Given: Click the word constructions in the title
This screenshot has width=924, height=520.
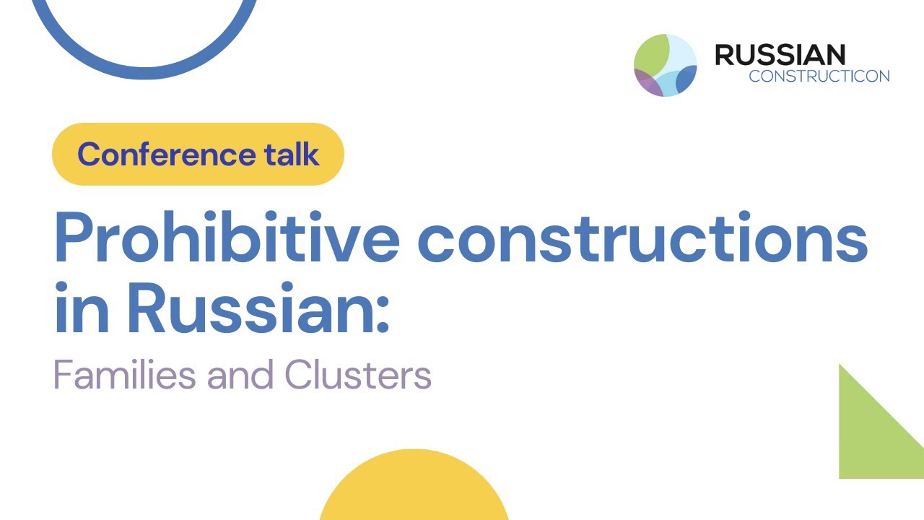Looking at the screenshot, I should click(642, 238).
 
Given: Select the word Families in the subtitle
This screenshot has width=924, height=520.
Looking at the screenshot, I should click(125, 376).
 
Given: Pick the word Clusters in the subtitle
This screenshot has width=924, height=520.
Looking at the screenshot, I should click(358, 376).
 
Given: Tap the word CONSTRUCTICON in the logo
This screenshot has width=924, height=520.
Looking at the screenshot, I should click(819, 77).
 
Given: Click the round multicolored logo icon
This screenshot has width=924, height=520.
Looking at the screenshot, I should click(665, 65).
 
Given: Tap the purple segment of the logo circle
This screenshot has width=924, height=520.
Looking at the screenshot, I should click(647, 83).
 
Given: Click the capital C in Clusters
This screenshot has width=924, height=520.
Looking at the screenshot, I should click(297, 376).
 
